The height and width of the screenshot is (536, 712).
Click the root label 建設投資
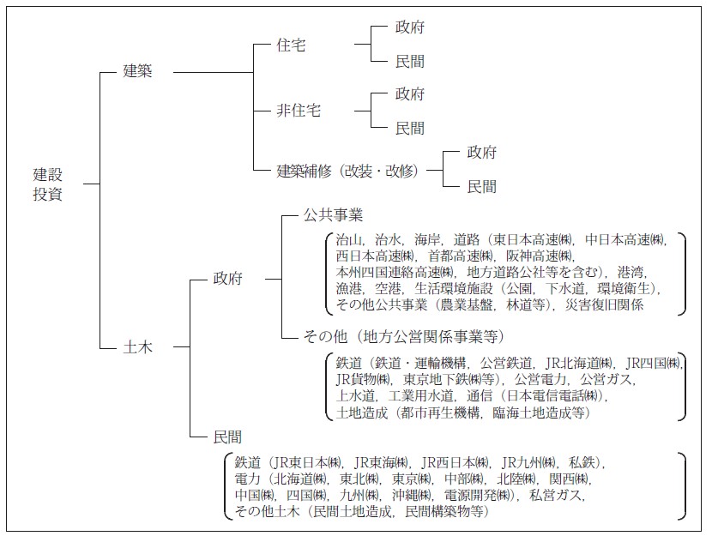click(x=48, y=184)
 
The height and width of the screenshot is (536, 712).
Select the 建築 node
click(x=138, y=71)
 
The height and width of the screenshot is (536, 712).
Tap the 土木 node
click(x=138, y=346)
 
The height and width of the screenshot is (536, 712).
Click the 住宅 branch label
click(x=292, y=45)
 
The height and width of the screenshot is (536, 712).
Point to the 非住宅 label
click(x=299, y=111)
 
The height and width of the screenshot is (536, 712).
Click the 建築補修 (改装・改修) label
click(x=347, y=170)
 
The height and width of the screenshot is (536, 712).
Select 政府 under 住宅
click(x=410, y=27)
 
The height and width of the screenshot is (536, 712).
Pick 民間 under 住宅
click(x=410, y=62)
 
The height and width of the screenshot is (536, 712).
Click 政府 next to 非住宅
click(x=410, y=93)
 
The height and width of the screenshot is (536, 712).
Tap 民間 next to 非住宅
click(x=410, y=128)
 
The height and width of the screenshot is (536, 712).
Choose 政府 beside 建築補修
click(x=482, y=153)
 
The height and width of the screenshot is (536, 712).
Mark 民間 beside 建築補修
click(x=482, y=186)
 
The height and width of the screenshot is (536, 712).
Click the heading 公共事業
click(x=334, y=214)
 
